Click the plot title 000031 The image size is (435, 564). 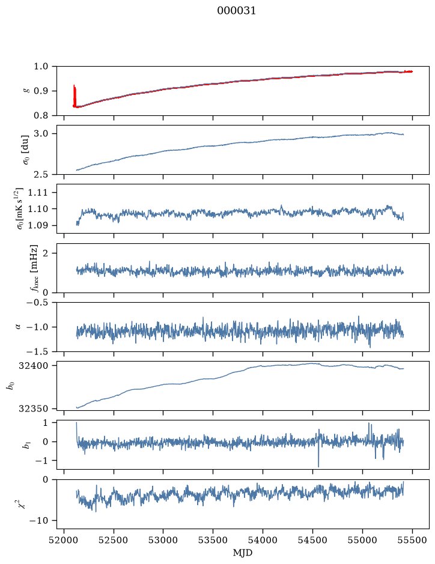[236, 11]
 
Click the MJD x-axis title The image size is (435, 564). [243, 553]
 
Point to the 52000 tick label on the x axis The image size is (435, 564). [64, 540]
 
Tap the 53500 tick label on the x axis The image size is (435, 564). [213, 540]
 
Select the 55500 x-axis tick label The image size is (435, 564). [412, 540]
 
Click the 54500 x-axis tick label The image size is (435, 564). [312, 540]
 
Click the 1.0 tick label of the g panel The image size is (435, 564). [41, 67]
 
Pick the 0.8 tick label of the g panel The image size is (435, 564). [41, 115]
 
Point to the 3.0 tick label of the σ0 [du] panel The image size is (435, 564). [41, 134]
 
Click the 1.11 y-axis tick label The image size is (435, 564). [38, 192]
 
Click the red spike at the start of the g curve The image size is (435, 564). [75, 96]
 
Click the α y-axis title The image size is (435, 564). [19, 327]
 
